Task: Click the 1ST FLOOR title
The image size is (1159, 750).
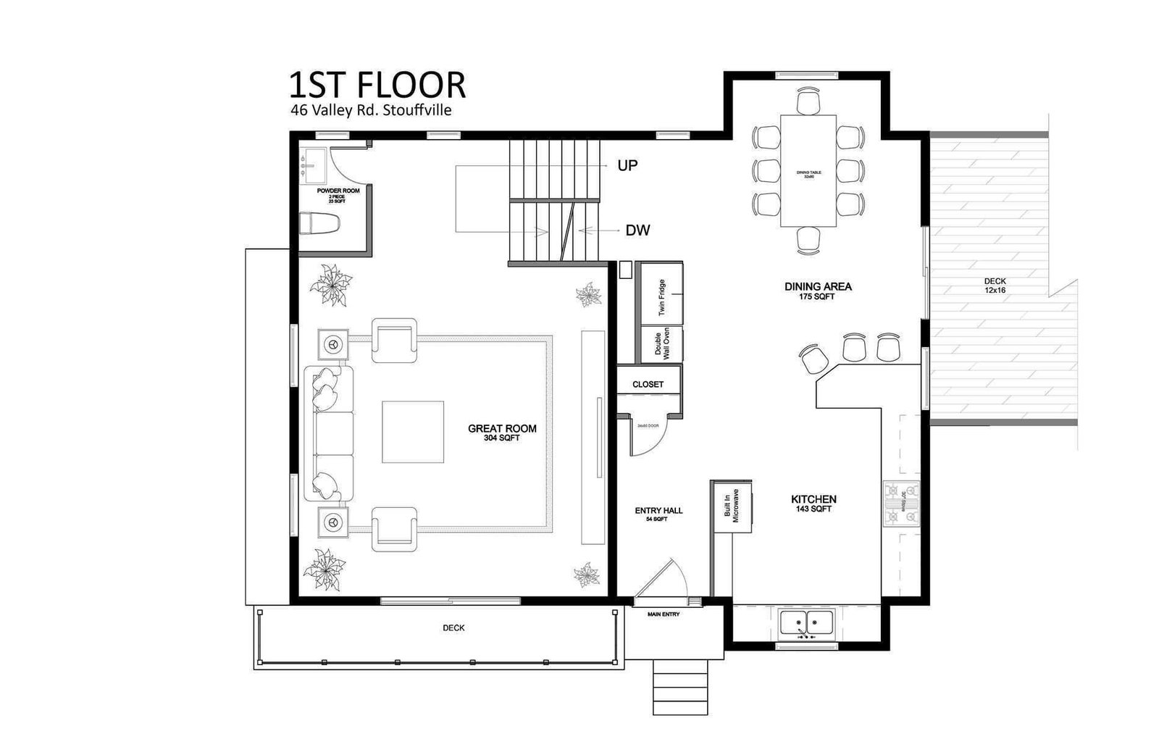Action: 377,85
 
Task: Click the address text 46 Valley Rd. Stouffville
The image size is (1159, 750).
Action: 371,111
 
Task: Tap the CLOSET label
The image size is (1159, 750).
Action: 648,384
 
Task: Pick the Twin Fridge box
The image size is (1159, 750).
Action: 662,297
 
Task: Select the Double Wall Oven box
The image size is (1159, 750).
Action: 662,345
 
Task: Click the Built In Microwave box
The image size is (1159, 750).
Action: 732,505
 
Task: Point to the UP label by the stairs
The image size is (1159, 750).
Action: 627,165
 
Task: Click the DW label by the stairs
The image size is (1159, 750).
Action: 637,230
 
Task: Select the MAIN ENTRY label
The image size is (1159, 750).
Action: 664,614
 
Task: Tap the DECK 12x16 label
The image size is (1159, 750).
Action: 995,286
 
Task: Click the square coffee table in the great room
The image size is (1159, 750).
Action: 413,432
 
